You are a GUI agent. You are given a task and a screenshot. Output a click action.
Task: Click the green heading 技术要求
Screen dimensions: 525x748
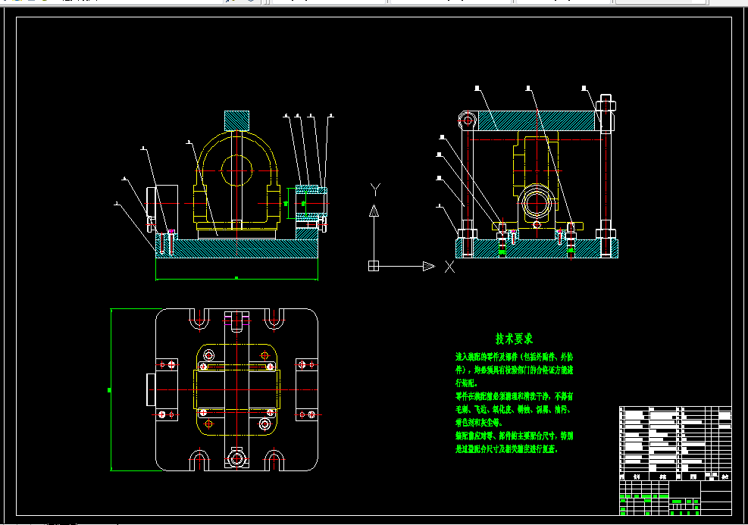514,338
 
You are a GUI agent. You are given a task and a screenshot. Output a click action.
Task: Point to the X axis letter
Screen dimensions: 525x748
449,267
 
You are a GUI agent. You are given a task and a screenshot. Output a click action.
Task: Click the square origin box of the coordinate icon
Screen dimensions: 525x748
373,266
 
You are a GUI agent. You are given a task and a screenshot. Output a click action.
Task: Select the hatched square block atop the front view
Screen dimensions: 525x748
236,120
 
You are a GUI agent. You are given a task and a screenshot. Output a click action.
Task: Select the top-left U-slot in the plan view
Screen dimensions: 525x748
199,318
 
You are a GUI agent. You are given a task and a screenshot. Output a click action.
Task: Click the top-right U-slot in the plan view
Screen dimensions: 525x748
274,318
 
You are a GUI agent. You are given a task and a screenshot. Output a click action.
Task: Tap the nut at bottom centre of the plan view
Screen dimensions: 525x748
237,458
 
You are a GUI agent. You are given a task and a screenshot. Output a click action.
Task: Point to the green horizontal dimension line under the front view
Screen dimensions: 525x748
236,279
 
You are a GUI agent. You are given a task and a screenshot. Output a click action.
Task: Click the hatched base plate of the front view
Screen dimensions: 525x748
236,248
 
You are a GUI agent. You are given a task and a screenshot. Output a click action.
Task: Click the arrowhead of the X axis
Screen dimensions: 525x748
429,266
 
